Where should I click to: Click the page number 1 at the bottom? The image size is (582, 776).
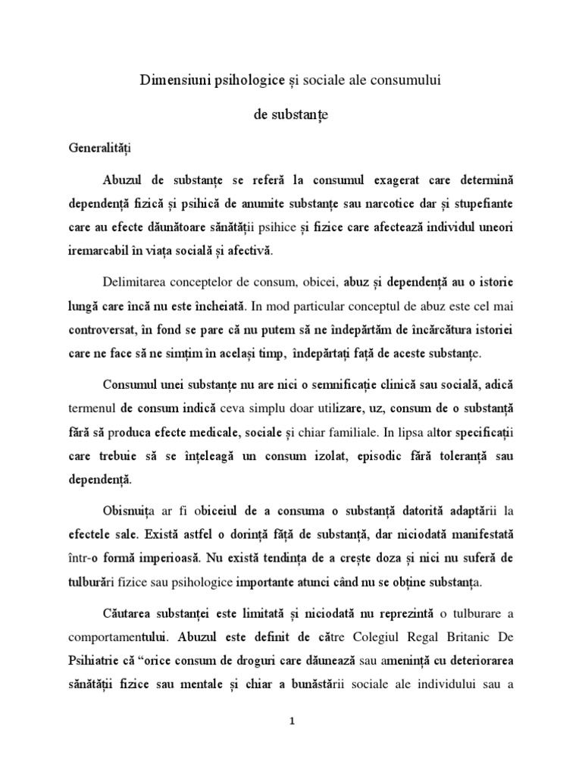(292, 721)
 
